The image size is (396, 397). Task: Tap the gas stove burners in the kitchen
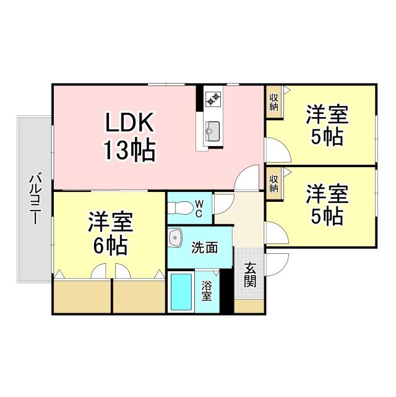tap(213, 98)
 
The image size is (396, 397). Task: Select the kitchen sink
tap(213, 131)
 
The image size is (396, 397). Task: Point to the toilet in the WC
tap(180, 208)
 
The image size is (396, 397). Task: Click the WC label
tap(199, 208)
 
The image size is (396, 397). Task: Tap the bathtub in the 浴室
tap(181, 292)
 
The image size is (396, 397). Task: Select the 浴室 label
tap(207, 292)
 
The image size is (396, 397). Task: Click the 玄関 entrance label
tap(250, 275)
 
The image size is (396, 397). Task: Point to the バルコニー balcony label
tap(35, 198)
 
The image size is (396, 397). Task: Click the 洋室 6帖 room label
tap(111, 233)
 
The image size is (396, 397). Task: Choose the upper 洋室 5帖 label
tap(327, 125)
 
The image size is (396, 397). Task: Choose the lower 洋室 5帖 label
tap(327, 205)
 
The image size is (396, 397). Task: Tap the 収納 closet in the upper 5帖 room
tap(274, 102)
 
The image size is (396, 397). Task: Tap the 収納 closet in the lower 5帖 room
tap(274, 183)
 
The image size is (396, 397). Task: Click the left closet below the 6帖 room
tap(82, 297)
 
